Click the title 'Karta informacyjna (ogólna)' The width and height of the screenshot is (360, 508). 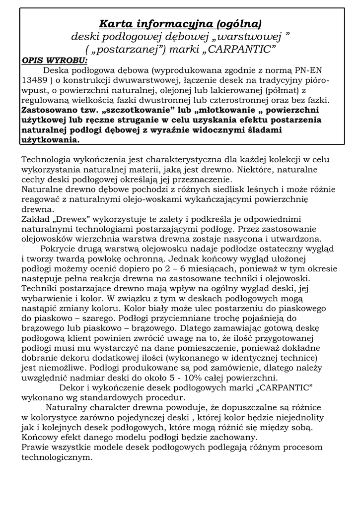click(x=180, y=23)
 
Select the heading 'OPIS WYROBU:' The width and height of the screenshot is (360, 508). click(x=54, y=61)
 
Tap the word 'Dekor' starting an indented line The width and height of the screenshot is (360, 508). click(x=71, y=387)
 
